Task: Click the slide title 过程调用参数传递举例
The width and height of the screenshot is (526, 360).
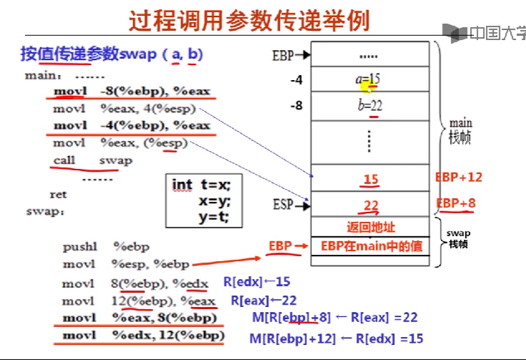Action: point(249,21)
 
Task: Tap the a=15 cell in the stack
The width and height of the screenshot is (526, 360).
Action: point(369,80)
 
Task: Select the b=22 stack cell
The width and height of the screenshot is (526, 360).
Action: point(369,105)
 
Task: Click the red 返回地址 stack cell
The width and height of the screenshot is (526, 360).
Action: point(370,228)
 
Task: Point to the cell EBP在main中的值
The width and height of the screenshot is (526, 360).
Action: point(370,245)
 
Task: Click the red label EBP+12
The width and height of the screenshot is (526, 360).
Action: point(459,177)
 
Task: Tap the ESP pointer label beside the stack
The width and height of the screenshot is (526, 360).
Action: point(283,205)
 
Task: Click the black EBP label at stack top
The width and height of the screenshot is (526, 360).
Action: point(283,54)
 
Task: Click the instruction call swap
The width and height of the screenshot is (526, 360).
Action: point(92,160)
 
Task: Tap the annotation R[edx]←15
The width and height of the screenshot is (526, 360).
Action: point(258,282)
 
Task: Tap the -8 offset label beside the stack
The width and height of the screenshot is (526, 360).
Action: point(296,106)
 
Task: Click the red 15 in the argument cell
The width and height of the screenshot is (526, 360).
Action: point(371,180)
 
